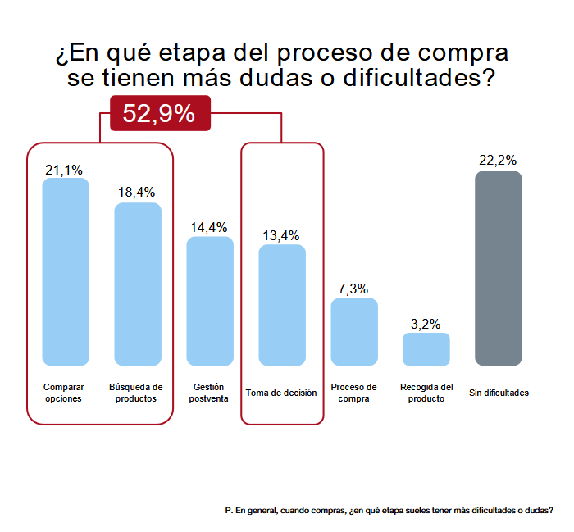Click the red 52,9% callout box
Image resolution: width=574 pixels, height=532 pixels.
161,113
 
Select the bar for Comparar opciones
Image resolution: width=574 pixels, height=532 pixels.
66,272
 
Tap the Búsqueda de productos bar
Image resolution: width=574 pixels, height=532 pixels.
138,284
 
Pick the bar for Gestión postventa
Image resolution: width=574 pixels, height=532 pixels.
210,301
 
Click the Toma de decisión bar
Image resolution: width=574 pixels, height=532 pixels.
282,305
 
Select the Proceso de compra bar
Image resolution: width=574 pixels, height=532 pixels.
354,332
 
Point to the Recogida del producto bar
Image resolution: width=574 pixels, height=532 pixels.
426,349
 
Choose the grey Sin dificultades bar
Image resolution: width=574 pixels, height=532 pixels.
499,268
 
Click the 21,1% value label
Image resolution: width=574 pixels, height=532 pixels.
64,171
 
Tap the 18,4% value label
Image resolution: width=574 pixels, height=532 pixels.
137,192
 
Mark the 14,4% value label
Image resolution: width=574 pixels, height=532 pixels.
208,228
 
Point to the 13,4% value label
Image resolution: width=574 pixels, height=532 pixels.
281,235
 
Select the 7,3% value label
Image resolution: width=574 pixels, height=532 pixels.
353,289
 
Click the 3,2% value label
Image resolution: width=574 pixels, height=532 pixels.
426,324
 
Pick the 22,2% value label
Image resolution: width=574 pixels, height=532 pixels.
498,161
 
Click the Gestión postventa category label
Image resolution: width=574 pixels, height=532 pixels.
208,393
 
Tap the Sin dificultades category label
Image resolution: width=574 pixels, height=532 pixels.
499,393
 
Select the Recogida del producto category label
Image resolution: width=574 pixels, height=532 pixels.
426,393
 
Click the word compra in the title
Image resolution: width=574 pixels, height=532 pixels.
463,53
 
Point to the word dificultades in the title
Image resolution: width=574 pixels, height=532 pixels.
419,78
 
